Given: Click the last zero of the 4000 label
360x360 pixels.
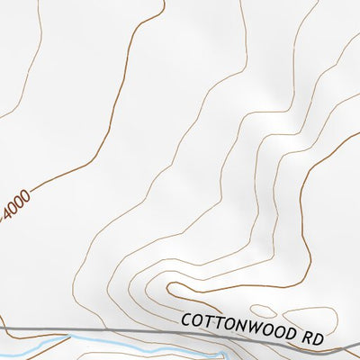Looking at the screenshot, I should click(x=26, y=194).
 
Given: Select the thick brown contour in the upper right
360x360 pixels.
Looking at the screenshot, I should click(x=306, y=180).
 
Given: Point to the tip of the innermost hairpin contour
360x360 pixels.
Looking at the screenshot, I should click(x=166, y=287).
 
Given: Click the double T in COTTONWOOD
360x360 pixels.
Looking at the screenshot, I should click(x=212, y=320).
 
